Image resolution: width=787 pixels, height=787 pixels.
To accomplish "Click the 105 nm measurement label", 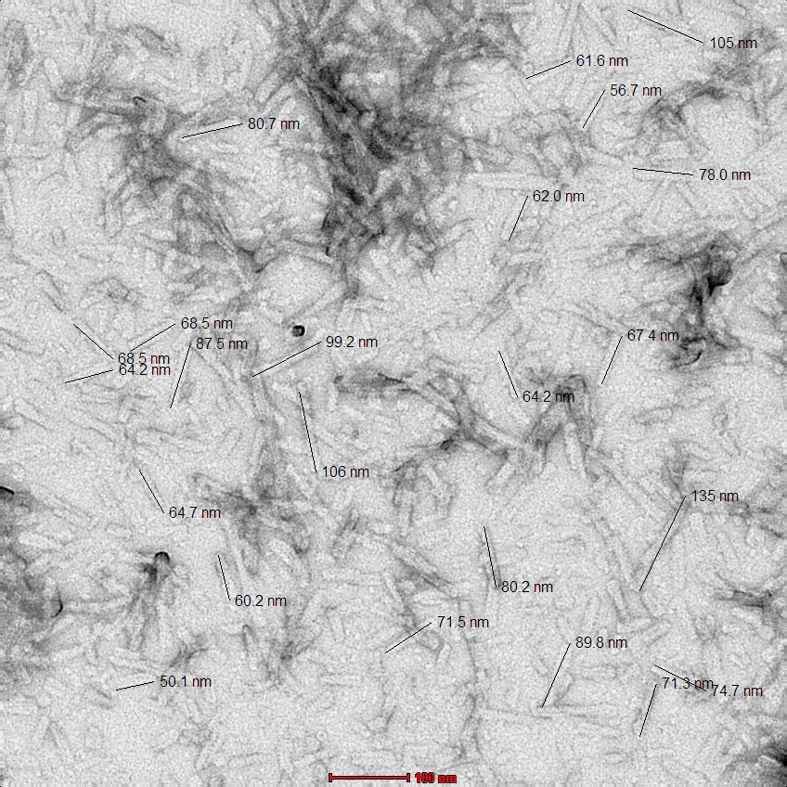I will point(732,44).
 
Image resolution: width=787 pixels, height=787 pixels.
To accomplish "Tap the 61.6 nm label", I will point(601,61).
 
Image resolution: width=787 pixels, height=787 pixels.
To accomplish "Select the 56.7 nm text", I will point(636,91).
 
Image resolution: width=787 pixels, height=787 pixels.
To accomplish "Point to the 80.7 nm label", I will point(273,123).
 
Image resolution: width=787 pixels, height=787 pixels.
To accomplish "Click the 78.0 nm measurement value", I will point(724,175).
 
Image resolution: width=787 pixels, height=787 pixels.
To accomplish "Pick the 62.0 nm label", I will point(558,197).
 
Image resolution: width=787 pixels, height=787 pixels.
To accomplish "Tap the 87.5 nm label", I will point(222,344).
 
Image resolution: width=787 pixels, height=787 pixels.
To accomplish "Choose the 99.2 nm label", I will point(352,342).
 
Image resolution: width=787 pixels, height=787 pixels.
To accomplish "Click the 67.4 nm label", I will point(652,336).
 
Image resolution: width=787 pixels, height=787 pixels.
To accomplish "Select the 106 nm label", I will point(345,472).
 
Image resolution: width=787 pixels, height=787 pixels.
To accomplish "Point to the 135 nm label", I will point(715,497).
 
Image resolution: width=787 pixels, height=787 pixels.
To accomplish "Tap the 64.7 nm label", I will point(195,512).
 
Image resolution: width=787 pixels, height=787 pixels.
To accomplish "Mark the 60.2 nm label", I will point(261,601).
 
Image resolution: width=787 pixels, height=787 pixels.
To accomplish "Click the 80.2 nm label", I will point(527,587).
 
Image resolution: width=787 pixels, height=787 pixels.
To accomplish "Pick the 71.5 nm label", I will point(462,623).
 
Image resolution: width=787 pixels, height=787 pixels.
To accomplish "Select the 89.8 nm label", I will point(601,643).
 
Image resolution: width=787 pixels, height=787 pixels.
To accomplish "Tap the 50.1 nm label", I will point(186,682).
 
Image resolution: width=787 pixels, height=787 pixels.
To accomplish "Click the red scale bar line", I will point(368,777).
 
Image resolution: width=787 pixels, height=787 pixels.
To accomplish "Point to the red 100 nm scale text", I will point(435,778).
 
